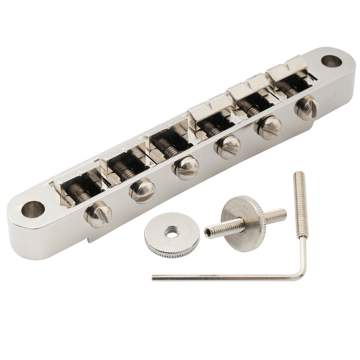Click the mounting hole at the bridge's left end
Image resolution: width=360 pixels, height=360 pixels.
(x=32, y=209)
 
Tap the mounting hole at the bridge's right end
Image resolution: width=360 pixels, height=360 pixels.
(x=331, y=61)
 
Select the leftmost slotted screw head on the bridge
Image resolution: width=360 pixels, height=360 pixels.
(x=98, y=214)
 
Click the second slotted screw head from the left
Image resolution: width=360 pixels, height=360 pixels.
(x=142, y=190)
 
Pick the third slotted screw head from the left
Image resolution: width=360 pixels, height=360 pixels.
(x=186, y=168)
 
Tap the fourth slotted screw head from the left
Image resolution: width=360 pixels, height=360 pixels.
(x=227, y=147)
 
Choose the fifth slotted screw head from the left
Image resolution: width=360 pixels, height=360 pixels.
(x=269, y=127)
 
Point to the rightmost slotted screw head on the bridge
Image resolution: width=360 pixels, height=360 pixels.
(x=307, y=107)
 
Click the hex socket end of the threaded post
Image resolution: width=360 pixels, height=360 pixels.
(x=208, y=233)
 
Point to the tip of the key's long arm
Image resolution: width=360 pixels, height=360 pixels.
(x=154, y=279)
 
